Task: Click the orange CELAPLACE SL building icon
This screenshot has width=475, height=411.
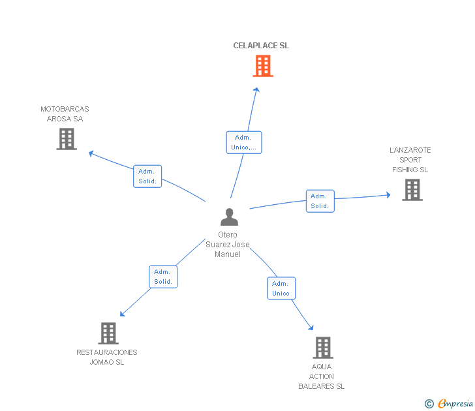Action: [262, 66]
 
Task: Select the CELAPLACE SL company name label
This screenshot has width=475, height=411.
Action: [261, 46]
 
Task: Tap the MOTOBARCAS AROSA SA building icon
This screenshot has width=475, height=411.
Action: [67, 139]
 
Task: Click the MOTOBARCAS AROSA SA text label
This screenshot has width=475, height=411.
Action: [65, 114]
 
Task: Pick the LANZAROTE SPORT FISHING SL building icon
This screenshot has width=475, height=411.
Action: [412, 190]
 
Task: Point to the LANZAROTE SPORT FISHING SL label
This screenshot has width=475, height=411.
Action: [410, 160]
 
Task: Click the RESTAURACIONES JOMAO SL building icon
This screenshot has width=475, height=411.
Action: [108, 333]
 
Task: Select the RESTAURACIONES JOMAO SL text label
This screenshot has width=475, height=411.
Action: [107, 358]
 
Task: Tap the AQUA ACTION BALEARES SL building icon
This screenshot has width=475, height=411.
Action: [322, 348]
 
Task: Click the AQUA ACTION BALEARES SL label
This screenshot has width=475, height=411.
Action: [322, 376]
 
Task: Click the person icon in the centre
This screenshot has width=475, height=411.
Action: [229, 217]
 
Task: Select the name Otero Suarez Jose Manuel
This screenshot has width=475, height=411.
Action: [227, 245]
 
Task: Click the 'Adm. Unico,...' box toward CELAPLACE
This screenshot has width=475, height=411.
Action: [244, 142]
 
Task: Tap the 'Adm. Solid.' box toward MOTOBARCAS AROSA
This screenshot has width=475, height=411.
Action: [147, 176]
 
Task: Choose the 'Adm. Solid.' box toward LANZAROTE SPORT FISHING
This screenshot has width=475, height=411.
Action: [320, 201]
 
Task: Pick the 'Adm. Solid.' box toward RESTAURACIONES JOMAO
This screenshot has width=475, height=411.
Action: [163, 277]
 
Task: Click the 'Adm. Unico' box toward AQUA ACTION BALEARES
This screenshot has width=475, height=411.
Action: [281, 288]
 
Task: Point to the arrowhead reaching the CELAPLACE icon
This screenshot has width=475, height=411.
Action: [257, 90]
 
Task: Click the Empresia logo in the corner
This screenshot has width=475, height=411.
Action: [450, 404]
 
